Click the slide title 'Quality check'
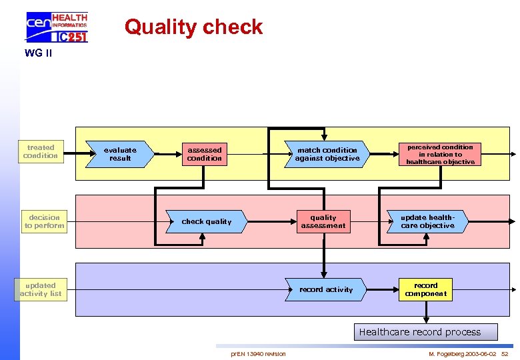pyautogui.click(x=193, y=27)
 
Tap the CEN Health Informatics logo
pyautogui.click(x=57, y=27)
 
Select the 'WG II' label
pyautogui.click(x=38, y=53)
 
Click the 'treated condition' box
pyautogui.click(x=41, y=152)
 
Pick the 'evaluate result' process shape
pyautogui.click(x=120, y=154)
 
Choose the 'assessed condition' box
pyautogui.click(x=205, y=154)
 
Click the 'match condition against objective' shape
pyautogui.click(x=327, y=154)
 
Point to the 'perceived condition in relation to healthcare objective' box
pyautogui.click(x=440, y=154)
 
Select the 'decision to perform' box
pyautogui.click(x=45, y=221)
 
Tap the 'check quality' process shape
pyautogui.click(x=207, y=221)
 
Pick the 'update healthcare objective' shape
pyautogui.click(x=427, y=221)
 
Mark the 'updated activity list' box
pyautogui.click(x=41, y=289)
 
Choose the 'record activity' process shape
pyautogui.click(x=326, y=289)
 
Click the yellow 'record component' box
pyautogui.click(x=425, y=289)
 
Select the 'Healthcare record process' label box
pyautogui.click(x=419, y=332)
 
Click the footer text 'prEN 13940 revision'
pyautogui.click(x=258, y=353)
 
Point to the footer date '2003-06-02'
pyautogui.click(x=480, y=353)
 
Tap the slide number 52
pyautogui.click(x=505, y=353)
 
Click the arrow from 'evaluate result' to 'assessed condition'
pyautogui.click(x=169, y=154)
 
